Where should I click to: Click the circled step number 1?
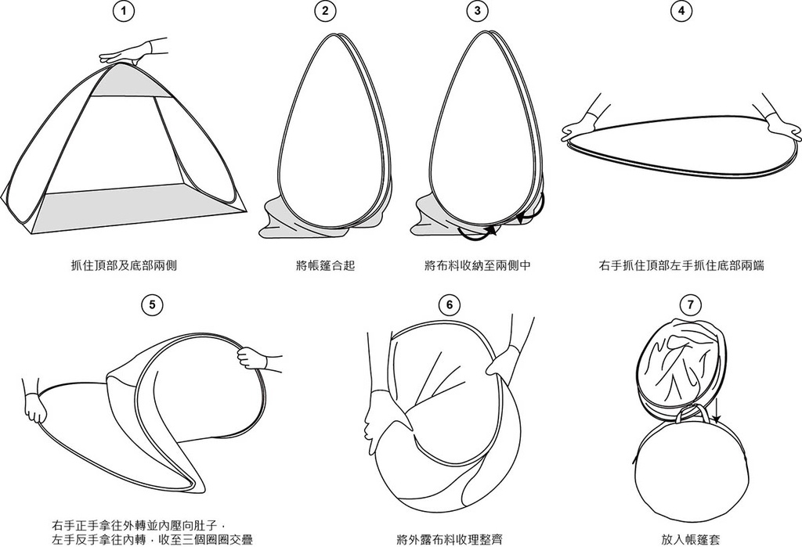pos(123,11)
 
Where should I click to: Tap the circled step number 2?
pos(325,11)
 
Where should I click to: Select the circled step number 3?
pos(477,11)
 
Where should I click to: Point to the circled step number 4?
pos(681,11)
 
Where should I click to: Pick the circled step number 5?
pos(152,305)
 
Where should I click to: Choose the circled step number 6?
pos(449,305)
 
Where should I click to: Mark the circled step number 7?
pos(691,305)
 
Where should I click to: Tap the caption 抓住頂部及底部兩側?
pos(124,265)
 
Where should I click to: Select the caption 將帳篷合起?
pos(325,265)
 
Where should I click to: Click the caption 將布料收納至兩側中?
pos(477,265)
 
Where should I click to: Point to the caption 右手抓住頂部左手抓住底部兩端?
pos(681,265)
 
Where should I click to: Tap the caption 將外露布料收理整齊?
pos(449,539)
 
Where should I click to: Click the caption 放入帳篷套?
pos(691,539)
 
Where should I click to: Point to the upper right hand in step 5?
pos(258,358)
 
